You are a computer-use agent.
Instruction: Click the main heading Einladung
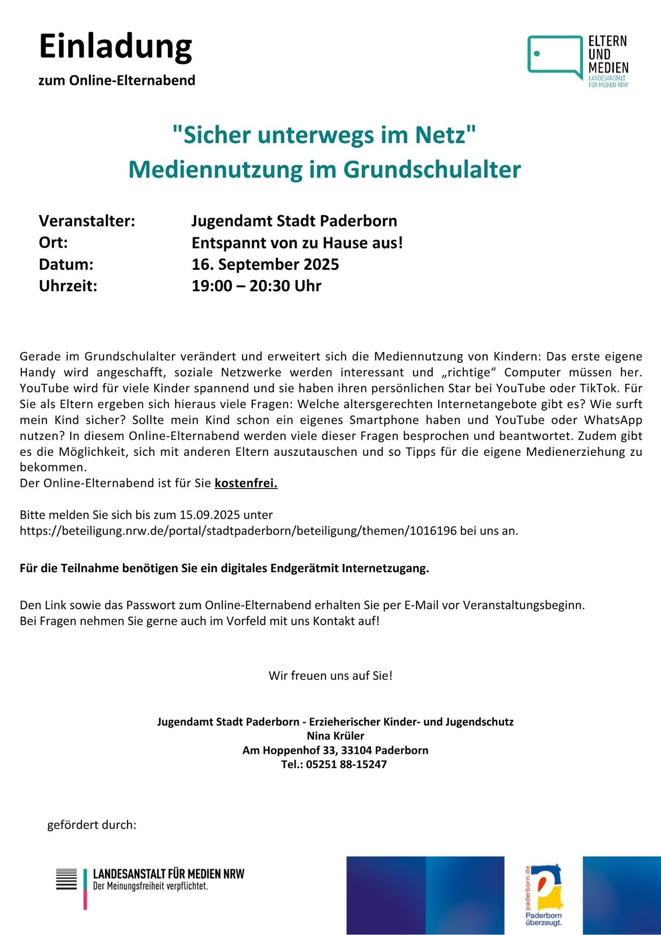tap(115, 47)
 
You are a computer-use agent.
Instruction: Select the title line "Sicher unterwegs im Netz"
tap(324, 135)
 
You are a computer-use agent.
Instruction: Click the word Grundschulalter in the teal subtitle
tap(432, 169)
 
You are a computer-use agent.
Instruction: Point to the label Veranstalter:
tap(87, 221)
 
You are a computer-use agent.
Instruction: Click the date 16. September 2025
tap(265, 264)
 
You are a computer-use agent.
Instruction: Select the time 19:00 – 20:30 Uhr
tap(256, 286)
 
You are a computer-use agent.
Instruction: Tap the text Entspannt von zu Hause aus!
tap(297, 243)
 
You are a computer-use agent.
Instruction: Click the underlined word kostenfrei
tap(246, 483)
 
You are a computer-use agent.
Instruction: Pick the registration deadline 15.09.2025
tap(226, 515)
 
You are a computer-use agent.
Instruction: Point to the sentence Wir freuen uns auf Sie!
tap(330, 675)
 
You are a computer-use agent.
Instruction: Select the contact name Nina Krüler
tap(335, 736)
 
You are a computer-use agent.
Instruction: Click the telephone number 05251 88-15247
tap(346, 765)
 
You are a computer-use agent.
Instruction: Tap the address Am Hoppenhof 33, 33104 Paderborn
tap(335, 750)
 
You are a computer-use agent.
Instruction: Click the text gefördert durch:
tap(92, 825)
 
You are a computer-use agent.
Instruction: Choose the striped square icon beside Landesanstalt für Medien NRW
tap(66, 879)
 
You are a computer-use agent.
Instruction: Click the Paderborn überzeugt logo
tap(544, 895)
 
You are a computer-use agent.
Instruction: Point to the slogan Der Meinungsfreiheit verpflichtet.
tap(151, 886)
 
